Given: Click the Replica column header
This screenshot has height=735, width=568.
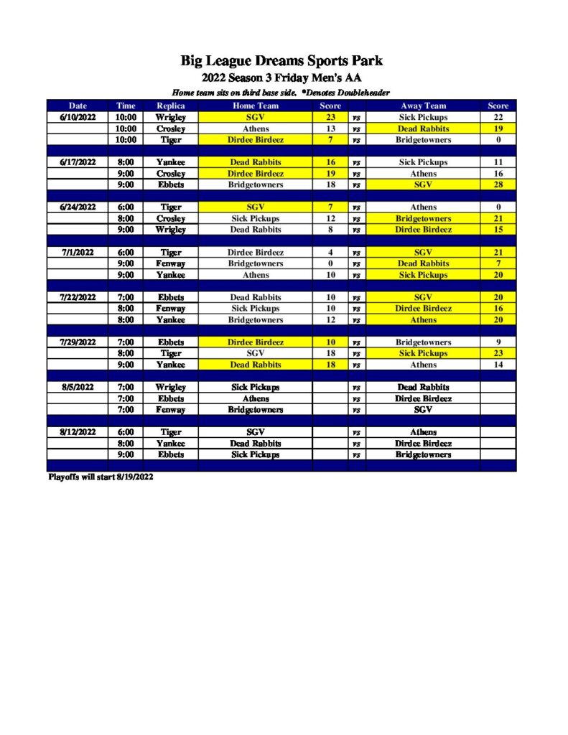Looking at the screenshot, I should click(x=170, y=106).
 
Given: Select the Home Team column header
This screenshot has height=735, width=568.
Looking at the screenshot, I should click(x=255, y=106).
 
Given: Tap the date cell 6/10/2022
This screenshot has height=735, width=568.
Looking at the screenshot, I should click(x=78, y=117).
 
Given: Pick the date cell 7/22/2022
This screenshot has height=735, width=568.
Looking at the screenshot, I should click(x=78, y=297).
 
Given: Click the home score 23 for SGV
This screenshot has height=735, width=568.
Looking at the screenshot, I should click(x=330, y=117).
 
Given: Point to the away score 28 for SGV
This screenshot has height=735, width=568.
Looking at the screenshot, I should click(x=498, y=184).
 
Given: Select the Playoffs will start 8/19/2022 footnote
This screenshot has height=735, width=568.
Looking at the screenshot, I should click(x=100, y=477).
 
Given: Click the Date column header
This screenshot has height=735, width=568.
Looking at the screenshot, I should click(x=78, y=106).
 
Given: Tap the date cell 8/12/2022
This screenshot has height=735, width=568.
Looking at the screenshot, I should click(x=78, y=432).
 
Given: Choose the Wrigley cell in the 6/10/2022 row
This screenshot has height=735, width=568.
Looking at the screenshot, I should click(x=170, y=117).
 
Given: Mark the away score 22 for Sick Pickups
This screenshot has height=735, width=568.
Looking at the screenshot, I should click(x=498, y=117).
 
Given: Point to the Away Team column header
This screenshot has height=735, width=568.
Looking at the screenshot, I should click(x=423, y=106).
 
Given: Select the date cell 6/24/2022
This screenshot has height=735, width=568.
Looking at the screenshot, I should click(x=78, y=207).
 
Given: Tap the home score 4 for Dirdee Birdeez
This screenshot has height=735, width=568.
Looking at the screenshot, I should click(x=330, y=253).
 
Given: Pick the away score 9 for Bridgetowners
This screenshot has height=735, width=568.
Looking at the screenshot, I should click(x=498, y=342).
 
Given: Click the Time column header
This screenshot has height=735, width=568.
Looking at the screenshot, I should click(x=126, y=106).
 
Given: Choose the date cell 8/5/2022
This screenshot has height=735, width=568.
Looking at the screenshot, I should click(x=78, y=387).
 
